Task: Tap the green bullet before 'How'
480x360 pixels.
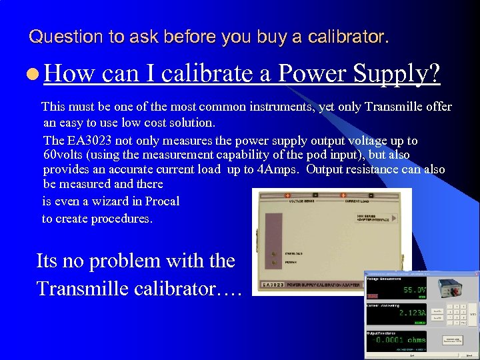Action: pos(33,74)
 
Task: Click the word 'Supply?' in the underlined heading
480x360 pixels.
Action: pos(400,73)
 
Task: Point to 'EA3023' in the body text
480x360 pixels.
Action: pos(89,141)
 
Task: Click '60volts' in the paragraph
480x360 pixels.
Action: pos(67,155)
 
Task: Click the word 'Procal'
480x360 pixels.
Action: pos(162,201)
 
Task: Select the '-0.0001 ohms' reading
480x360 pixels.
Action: pos(398,339)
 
